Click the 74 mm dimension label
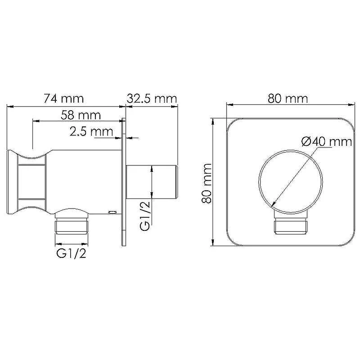click(x=63, y=99)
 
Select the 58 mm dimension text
click(x=81, y=115)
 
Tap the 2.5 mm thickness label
click(x=91, y=131)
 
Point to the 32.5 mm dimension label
click(x=152, y=99)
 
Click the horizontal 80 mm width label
click(x=288, y=99)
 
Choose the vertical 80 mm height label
click(x=207, y=183)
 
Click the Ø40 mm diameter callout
click(x=327, y=142)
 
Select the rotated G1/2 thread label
click(x=144, y=216)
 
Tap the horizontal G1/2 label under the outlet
click(x=72, y=253)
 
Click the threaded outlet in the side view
click(x=72, y=227)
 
